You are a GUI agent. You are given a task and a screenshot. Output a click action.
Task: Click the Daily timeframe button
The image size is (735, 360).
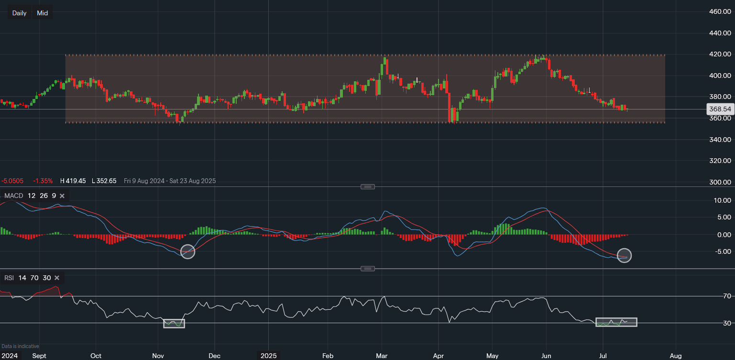point(20,13)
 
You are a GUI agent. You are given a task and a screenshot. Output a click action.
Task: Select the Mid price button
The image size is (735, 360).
point(43,13)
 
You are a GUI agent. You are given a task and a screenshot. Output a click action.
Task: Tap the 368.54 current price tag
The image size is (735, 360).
point(720,109)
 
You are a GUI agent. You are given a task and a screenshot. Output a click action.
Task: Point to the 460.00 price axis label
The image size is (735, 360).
point(720,11)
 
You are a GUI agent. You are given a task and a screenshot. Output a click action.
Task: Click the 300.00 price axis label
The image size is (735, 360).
point(720,182)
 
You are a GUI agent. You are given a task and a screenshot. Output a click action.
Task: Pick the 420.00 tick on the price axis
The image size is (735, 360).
point(720,54)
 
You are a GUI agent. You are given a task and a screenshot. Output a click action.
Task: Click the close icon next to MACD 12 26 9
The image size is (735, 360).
point(62,196)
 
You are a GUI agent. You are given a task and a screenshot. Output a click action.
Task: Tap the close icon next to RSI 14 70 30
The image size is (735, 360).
point(57,278)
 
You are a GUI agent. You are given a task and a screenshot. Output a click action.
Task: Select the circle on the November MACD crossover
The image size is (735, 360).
point(188,251)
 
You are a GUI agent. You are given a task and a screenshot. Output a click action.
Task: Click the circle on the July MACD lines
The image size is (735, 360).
point(625,255)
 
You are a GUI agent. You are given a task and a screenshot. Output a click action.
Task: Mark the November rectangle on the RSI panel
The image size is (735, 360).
point(174,323)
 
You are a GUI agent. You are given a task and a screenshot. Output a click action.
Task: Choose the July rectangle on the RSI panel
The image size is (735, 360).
point(616,322)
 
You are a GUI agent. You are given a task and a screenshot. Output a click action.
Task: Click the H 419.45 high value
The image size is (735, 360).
point(73,181)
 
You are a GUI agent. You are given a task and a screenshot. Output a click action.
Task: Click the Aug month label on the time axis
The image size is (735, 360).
point(675,356)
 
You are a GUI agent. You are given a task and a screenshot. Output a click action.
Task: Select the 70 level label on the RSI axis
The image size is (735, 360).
point(727,296)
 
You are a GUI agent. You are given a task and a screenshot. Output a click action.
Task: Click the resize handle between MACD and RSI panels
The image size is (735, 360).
point(367,269)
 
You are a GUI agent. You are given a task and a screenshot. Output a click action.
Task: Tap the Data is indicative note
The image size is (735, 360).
point(20,346)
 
